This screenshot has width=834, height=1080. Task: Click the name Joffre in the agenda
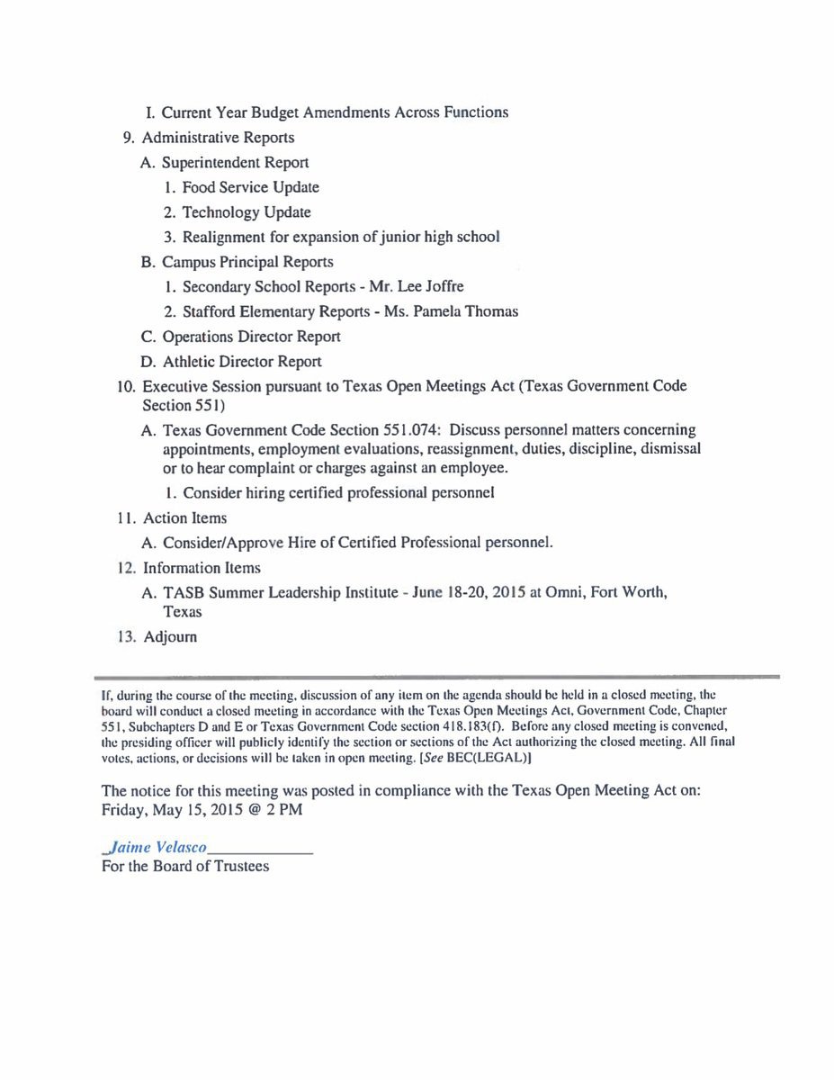[x=442, y=287]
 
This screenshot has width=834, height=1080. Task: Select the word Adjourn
[x=170, y=637]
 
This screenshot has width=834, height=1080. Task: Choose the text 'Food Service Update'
[x=250, y=187]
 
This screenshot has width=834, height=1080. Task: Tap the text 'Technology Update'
[x=247, y=212]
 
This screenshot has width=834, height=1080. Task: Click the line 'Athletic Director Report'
[x=242, y=362]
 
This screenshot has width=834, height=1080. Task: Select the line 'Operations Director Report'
[x=251, y=337]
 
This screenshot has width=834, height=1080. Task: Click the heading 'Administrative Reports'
[x=219, y=138]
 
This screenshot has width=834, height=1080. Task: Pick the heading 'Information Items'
[x=202, y=568]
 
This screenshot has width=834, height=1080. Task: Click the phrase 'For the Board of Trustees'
[x=185, y=867]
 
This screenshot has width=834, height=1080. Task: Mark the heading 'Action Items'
[x=184, y=518]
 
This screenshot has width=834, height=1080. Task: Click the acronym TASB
[x=184, y=593]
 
